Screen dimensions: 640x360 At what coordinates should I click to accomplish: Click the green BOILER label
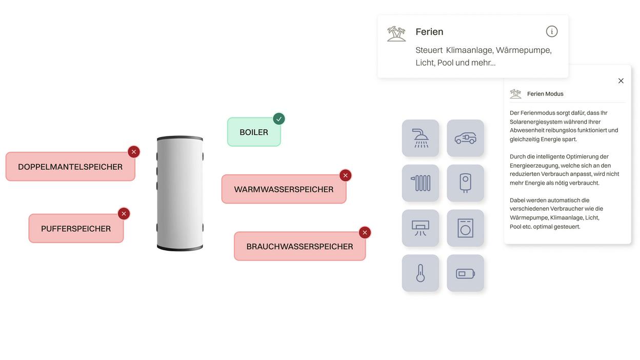pos(254,132)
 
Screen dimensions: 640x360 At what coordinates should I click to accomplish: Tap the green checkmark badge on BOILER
pos(279,119)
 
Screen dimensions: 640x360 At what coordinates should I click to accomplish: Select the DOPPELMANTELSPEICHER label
pos(70,167)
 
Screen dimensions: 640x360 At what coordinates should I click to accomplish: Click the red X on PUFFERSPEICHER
pos(124,214)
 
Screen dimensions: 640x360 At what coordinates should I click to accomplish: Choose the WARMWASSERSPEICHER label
pos(284,189)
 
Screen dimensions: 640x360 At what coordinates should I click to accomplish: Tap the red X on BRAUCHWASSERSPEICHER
pos(365,233)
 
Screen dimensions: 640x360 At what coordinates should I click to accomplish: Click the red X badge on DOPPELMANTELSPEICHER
pos(134,152)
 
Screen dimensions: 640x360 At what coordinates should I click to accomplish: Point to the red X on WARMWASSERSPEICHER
pos(346,175)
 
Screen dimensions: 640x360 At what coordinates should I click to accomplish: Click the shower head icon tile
pos(421,138)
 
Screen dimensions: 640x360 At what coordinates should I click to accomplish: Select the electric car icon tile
pos(466,138)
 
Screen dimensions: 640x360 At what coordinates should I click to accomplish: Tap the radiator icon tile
pos(421,183)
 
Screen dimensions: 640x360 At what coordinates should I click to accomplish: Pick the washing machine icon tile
pos(466,228)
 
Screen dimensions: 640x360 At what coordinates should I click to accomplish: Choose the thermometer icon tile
pos(421,273)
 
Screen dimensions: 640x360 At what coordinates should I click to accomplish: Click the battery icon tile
pos(466,273)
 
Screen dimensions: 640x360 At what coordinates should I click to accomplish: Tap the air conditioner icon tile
pos(421,228)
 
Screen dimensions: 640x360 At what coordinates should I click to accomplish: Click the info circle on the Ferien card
pos(552,31)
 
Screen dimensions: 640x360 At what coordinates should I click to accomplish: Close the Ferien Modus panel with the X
pos(621,81)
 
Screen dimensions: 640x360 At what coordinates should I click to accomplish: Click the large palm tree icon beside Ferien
pos(396,34)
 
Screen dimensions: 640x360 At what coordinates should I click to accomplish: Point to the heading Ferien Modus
pos(545,94)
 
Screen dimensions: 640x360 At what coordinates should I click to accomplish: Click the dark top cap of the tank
pos(180,138)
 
